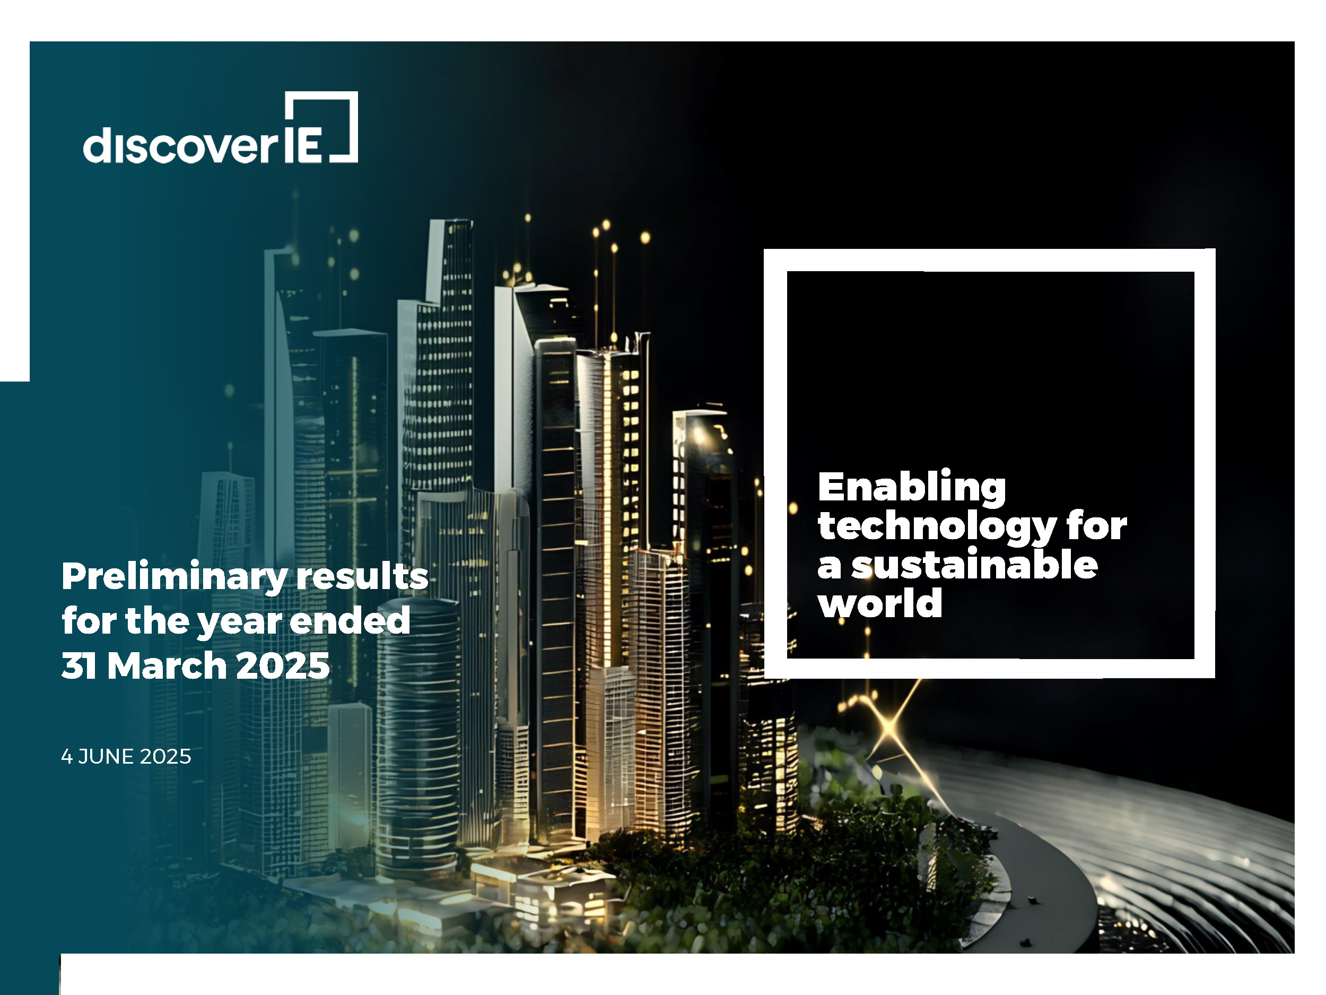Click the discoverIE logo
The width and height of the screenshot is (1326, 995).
tap(221, 127)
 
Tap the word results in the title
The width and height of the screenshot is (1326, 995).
tap(363, 576)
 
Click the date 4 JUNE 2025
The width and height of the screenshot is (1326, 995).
tap(126, 756)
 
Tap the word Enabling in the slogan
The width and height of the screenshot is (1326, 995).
tap(912, 489)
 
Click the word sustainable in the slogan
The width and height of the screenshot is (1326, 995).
tap(975, 565)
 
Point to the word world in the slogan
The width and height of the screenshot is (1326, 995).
tap(880, 603)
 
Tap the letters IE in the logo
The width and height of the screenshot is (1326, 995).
tap(303, 144)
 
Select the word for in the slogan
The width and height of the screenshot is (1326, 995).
tap(1096, 526)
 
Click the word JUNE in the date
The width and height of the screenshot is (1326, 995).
tap(106, 756)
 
